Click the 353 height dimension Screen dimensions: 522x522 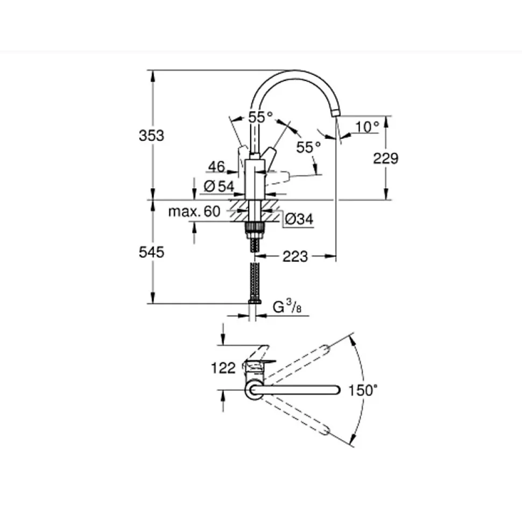click(x=151, y=136)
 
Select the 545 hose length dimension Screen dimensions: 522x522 click(x=151, y=252)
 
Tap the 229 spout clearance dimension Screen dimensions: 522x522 click(x=386, y=159)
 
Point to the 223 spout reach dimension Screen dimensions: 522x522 click(x=295, y=256)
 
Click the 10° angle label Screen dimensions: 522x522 click(x=367, y=127)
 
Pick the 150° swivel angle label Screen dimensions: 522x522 click(x=363, y=390)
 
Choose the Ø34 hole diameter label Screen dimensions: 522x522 click(x=299, y=219)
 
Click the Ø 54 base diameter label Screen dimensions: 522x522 click(x=218, y=186)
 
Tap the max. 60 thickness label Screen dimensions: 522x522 click(x=194, y=211)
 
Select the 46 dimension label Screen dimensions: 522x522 click(x=217, y=167)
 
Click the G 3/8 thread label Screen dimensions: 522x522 click(x=287, y=306)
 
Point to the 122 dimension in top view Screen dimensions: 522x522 click(x=223, y=368)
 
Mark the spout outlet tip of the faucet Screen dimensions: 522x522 click(x=335, y=114)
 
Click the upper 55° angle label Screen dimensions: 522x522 click(x=260, y=117)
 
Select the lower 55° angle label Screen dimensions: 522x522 click(x=308, y=147)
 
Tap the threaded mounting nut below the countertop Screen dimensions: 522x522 click(x=255, y=230)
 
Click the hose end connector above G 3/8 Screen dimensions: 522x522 click(x=255, y=301)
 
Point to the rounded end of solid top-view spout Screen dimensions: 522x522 click(x=336, y=390)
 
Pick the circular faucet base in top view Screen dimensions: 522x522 click(x=254, y=390)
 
